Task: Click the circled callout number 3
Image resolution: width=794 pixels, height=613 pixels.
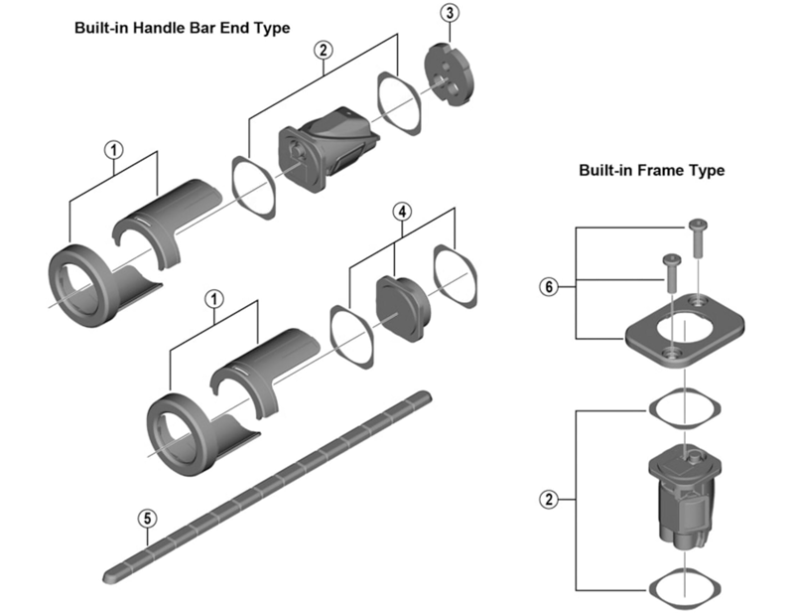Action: (x=451, y=13)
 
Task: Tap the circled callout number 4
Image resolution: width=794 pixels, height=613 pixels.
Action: (x=401, y=212)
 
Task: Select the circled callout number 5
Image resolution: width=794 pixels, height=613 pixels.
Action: (x=147, y=518)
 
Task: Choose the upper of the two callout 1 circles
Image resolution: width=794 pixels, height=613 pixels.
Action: (x=114, y=150)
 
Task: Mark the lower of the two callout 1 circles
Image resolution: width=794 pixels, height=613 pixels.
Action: (x=211, y=298)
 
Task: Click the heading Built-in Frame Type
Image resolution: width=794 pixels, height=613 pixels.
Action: (x=651, y=171)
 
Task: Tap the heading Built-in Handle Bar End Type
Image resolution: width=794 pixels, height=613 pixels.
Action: (x=183, y=28)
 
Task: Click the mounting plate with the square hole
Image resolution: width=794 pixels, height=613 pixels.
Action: (x=685, y=333)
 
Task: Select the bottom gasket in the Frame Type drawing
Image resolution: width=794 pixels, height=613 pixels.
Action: (x=684, y=584)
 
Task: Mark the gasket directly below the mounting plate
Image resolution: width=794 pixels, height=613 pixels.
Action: (x=684, y=405)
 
